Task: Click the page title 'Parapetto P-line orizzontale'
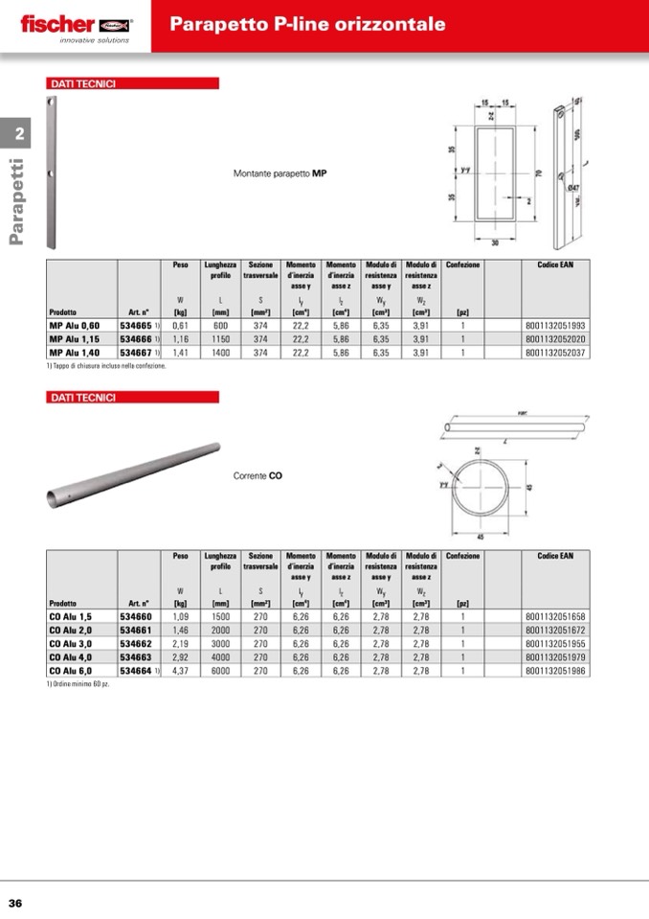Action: coord(307,24)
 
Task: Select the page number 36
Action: coord(16,903)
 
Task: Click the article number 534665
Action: coord(136,326)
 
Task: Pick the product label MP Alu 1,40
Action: coord(75,353)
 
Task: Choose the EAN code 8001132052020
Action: coord(555,339)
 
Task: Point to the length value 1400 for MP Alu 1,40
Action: coord(220,353)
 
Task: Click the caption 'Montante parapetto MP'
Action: coord(280,174)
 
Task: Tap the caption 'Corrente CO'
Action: coord(257,474)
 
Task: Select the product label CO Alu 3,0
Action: coord(71,644)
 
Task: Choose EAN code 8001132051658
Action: coord(555,617)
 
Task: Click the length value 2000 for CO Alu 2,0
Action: coord(220,631)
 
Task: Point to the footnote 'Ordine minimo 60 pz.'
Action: coord(78,684)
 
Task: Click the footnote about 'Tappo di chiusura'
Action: coord(106,366)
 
